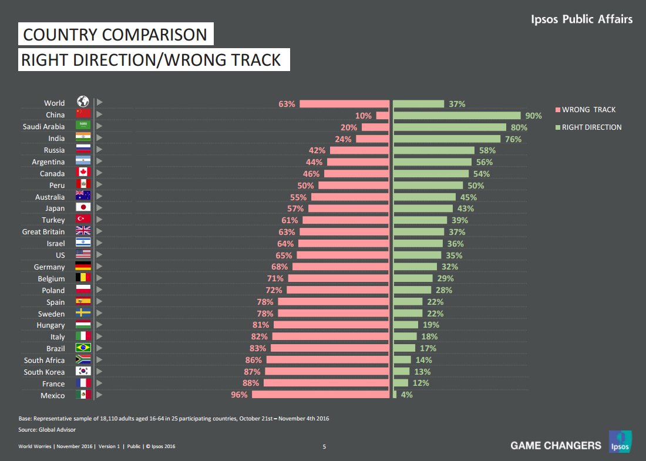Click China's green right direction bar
tap(456, 115)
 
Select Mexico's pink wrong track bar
tap(320, 395)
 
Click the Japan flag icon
tap(83, 208)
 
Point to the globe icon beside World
tap(83, 103)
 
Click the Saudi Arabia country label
tap(44, 127)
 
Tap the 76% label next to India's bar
tap(513, 139)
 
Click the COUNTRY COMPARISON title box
tap(115, 35)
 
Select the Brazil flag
tap(83, 348)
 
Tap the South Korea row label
tap(45, 372)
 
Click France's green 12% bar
tap(400, 383)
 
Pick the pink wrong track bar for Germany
tap(341, 267)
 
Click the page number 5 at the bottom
tap(324, 447)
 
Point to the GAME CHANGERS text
tap(556, 445)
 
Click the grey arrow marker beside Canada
tap(99, 173)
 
